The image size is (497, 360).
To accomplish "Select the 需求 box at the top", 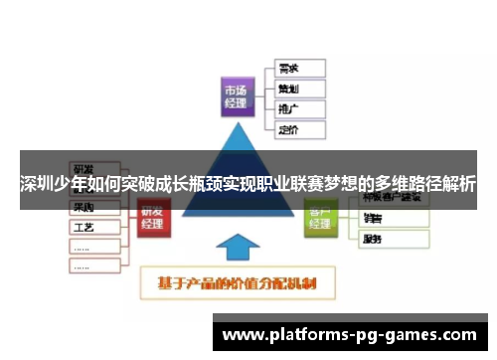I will coord(298,69).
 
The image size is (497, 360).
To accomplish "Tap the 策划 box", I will coord(298,89).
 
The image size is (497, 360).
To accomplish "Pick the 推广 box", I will coord(298,108).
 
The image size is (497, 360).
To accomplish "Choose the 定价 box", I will coord(298,129).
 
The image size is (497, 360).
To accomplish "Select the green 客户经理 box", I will coord(320,218).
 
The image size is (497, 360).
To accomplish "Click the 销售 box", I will coord(392,218).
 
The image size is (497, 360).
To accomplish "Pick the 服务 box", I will coord(392,239).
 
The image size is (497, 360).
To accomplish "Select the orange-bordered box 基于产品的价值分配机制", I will coord(237,283).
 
